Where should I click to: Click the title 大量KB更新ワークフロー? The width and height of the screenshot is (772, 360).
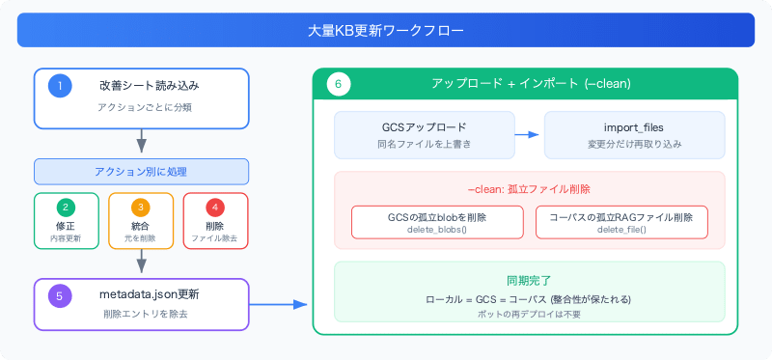click(x=385, y=31)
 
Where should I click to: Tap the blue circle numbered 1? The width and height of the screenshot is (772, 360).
click(x=60, y=86)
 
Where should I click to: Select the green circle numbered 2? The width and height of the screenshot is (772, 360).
click(x=67, y=208)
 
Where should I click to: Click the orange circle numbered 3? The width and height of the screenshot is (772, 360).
click(x=140, y=208)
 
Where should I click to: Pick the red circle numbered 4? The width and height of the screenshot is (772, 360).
click(x=214, y=208)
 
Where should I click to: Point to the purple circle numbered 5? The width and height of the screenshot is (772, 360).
click(x=60, y=296)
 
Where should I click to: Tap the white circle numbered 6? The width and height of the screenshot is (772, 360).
click(x=339, y=84)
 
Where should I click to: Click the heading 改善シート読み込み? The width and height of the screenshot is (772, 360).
click(x=150, y=86)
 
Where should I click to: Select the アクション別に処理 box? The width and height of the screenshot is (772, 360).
click(x=141, y=172)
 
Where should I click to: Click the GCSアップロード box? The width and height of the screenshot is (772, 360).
click(x=425, y=135)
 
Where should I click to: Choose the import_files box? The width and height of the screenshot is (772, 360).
click(x=634, y=135)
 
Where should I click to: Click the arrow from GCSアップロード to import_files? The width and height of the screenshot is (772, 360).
click(x=527, y=134)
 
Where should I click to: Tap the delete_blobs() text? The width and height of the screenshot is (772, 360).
click(x=437, y=230)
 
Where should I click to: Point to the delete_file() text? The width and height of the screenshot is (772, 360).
click(x=621, y=230)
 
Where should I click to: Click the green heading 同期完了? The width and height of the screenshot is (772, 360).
click(x=529, y=281)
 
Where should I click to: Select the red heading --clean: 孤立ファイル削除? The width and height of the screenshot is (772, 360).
click(x=529, y=188)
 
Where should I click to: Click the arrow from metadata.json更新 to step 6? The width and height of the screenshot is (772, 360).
click(x=278, y=304)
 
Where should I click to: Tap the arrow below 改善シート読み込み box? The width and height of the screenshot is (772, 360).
click(x=141, y=141)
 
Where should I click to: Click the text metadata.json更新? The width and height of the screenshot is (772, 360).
click(x=150, y=295)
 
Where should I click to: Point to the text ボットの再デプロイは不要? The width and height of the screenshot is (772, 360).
click(x=529, y=314)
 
